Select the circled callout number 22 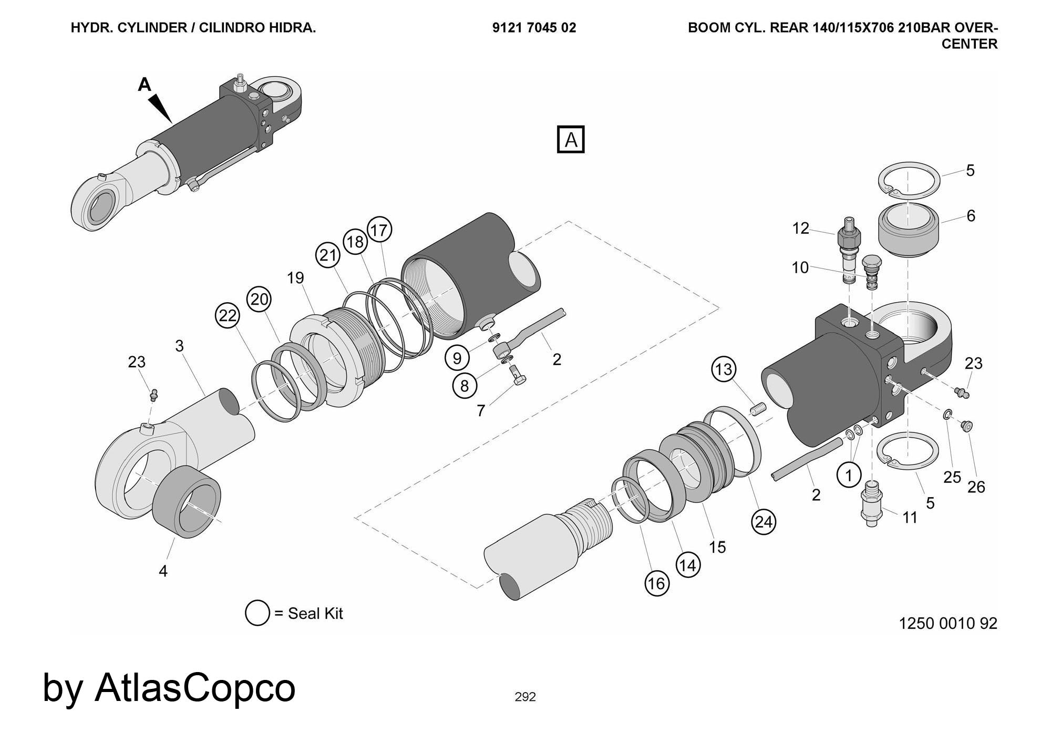click(x=228, y=316)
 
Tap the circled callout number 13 click(x=724, y=369)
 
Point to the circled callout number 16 click(x=656, y=583)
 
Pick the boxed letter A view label click(x=571, y=140)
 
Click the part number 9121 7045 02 click(x=534, y=28)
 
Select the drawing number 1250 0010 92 click(x=948, y=623)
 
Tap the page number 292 click(x=525, y=697)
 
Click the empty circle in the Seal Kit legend click(x=257, y=613)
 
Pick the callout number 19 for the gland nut click(x=296, y=278)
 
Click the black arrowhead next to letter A click(x=160, y=108)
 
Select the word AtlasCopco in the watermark click(x=195, y=687)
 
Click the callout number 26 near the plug click(x=976, y=487)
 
